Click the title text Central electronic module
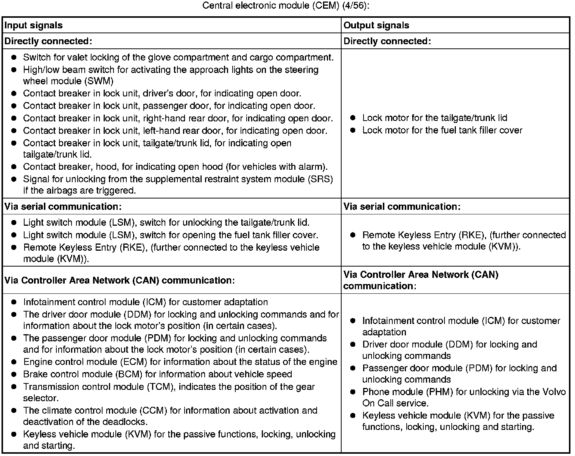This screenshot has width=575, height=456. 257,6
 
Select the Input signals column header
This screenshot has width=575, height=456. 33,25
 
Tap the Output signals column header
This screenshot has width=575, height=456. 376,25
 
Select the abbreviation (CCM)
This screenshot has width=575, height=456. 153,411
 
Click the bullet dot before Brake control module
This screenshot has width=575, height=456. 14,374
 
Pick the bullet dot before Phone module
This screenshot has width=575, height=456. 353,392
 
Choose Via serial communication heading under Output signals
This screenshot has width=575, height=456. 402,206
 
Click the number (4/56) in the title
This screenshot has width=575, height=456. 354,6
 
